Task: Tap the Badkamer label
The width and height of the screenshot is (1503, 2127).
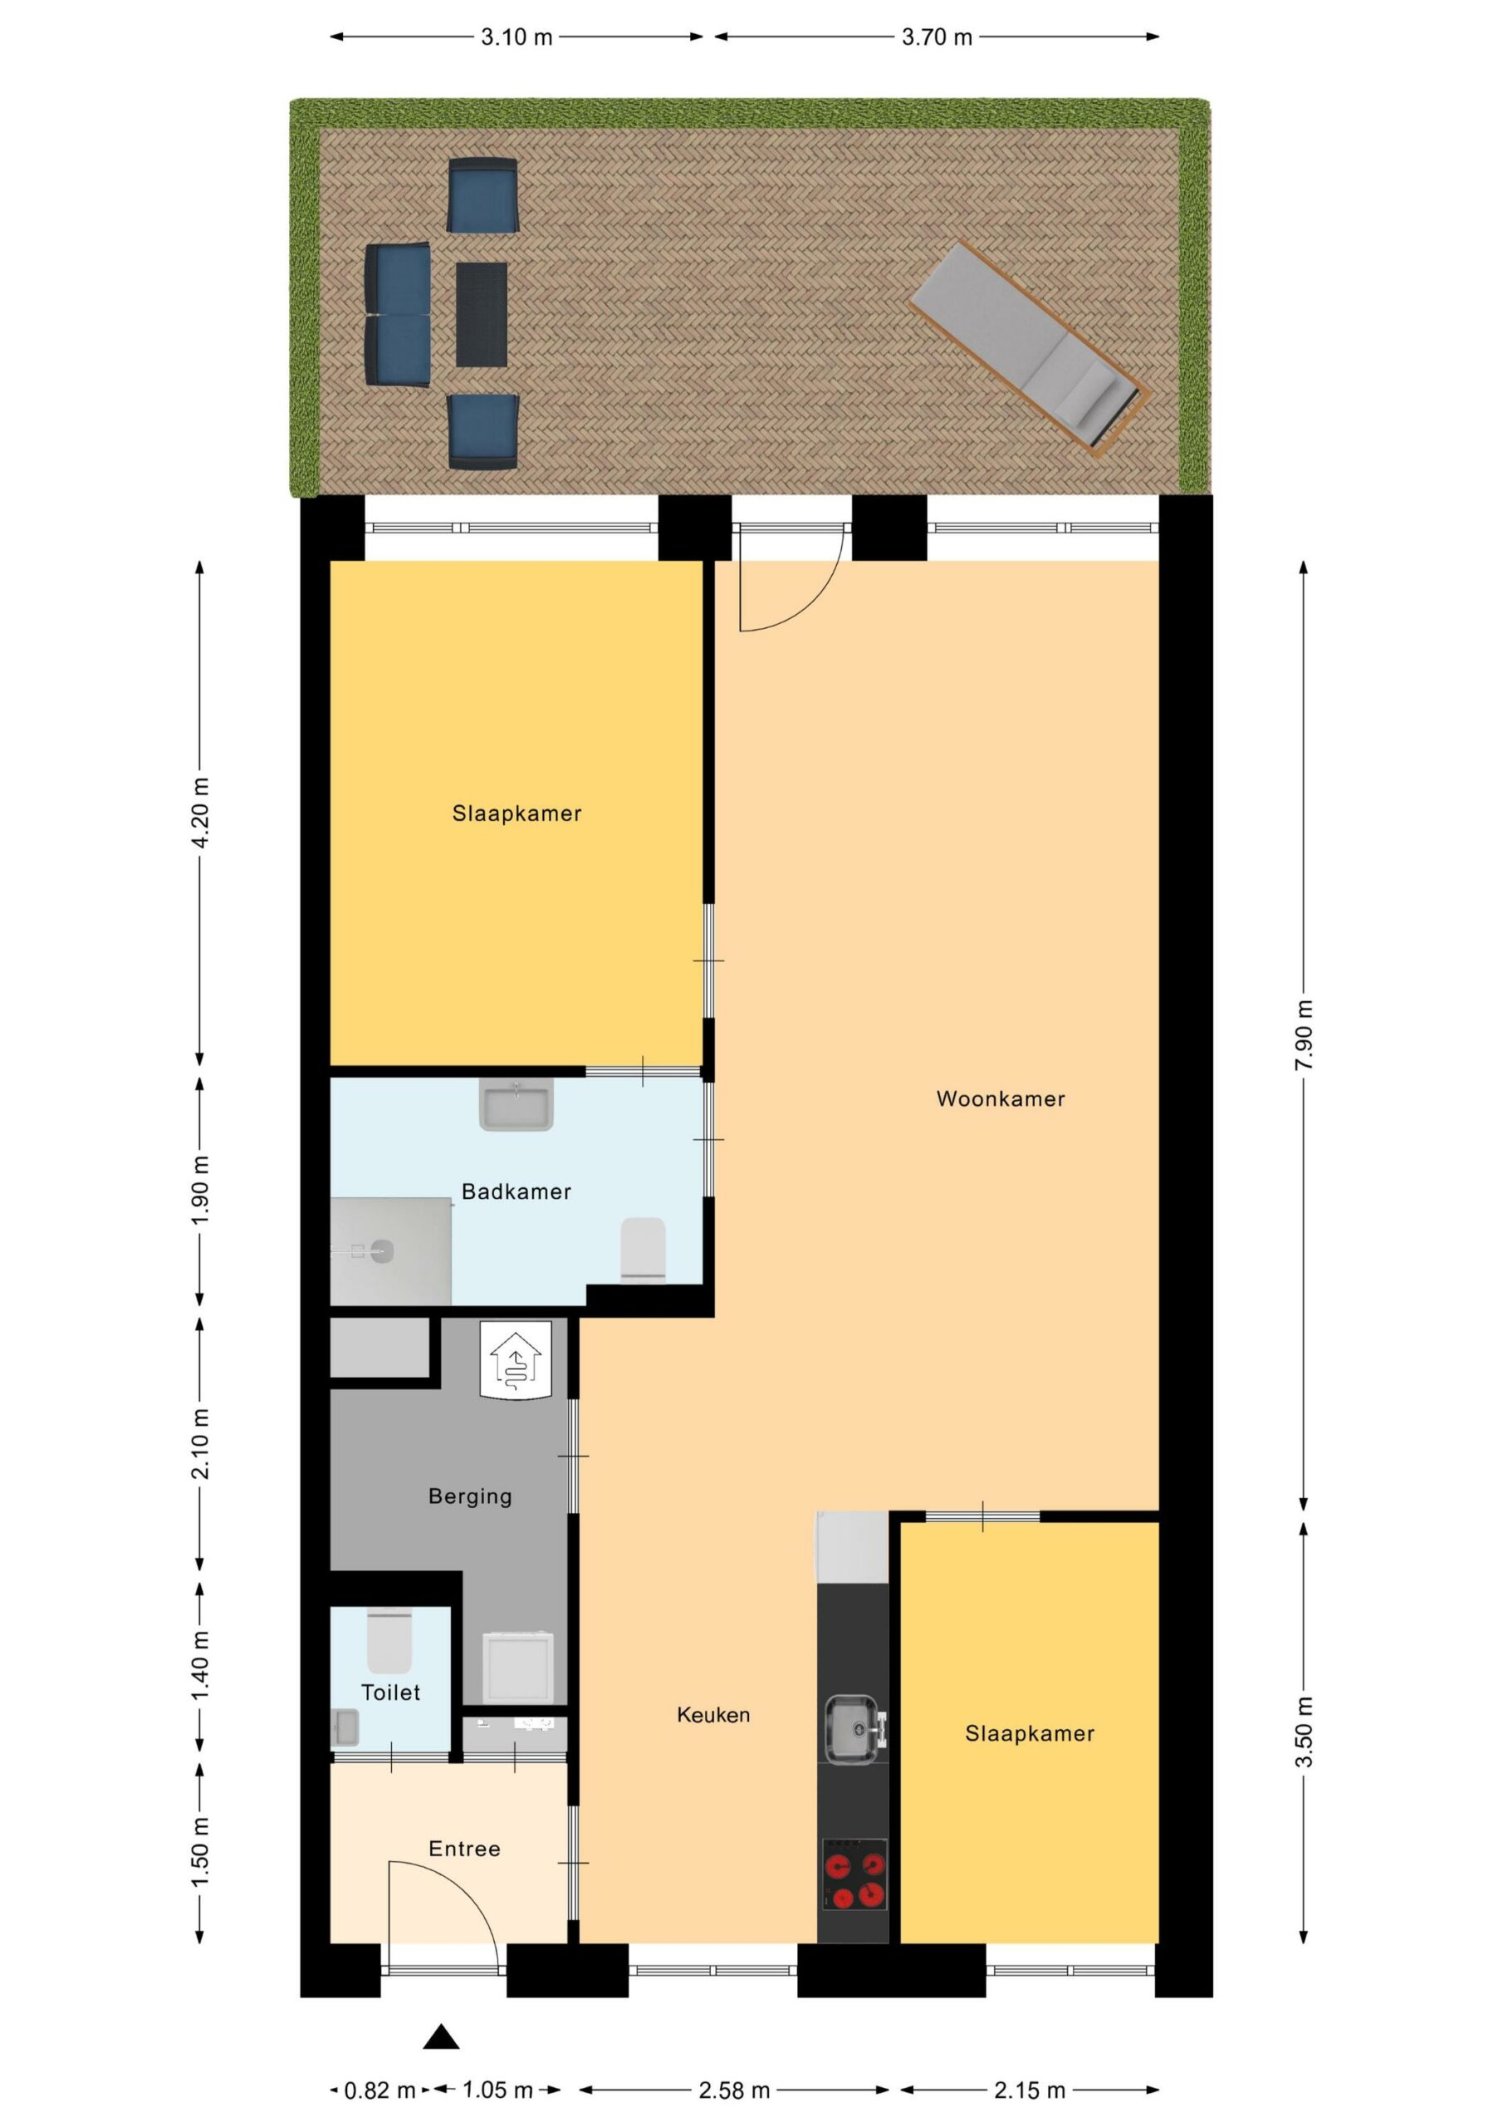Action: click(516, 1191)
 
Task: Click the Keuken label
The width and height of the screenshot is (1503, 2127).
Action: click(713, 1715)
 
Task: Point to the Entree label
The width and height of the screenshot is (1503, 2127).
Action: click(464, 1849)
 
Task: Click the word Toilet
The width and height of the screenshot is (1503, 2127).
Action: click(390, 1692)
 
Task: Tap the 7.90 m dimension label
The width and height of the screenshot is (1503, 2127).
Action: click(1304, 1034)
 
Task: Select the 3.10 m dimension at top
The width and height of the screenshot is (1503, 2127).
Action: click(516, 37)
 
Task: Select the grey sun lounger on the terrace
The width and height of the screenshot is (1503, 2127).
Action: click(1030, 348)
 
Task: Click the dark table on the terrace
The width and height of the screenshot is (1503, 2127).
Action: click(482, 314)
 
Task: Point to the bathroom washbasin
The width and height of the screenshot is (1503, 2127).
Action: click(516, 1103)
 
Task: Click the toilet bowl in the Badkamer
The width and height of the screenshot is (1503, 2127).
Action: click(643, 1250)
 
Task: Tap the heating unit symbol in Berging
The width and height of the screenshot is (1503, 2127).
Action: click(516, 1359)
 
